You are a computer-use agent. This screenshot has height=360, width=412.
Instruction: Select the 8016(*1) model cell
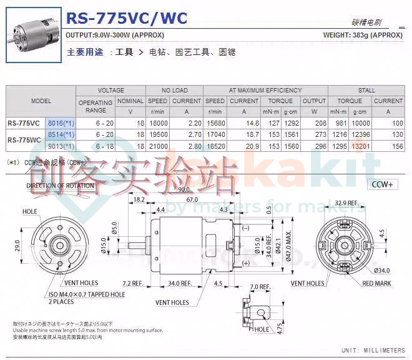click(x=61, y=123)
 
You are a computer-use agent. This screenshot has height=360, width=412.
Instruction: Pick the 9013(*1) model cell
click(x=61, y=146)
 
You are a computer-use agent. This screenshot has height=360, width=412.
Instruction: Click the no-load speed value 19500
click(x=157, y=134)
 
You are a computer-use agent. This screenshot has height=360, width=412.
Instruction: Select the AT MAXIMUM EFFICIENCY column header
click(x=265, y=91)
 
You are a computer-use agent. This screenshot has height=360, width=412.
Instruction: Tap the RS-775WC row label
click(x=24, y=140)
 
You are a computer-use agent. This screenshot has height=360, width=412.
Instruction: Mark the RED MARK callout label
click(x=376, y=283)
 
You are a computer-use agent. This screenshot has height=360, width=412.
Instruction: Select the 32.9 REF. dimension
click(x=346, y=203)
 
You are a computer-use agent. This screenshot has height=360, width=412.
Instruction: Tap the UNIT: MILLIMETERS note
click(x=373, y=350)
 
